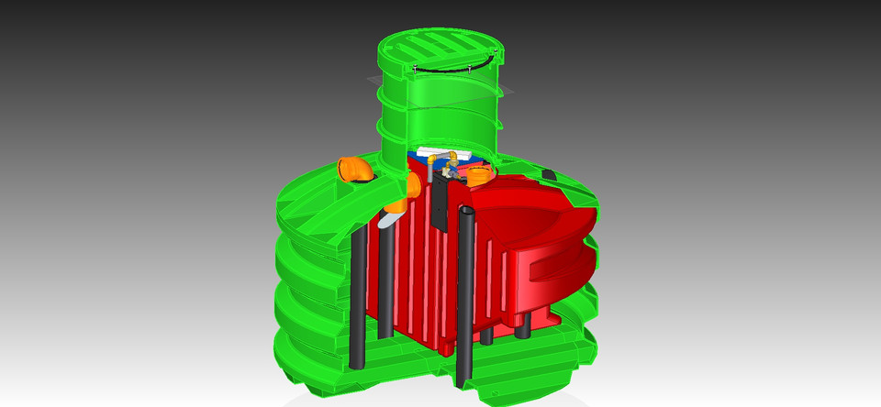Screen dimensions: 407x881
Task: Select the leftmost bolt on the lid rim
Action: point(416,68)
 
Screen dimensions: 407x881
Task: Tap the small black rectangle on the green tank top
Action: point(549,173)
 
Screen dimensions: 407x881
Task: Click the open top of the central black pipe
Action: point(466,214)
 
